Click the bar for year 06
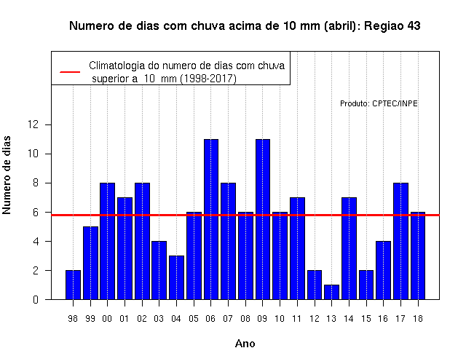pyautogui.click(x=211, y=219)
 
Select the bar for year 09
pyautogui.click(x=263, y=219)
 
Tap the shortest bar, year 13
pyautogui.click(x=332, y=292)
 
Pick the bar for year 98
pyautogui.click(x=73, y=285)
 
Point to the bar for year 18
pyautogui.click(x=418, y=256)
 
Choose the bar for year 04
pyautogui.click(x=176, y=277)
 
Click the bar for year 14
pyautogui.click(x=349, y=248)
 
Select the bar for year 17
pyautogui.click(x=400, y=241)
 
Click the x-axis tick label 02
pyautogui.click(x=142, y=319)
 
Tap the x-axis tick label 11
pyautogui.click(x=297, y=319)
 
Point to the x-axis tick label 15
pyautogui.click(x=366, y=319)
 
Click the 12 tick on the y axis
pyautogui.click(x=33, y=124)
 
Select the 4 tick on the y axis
pyautogui.click(x=36, y=241)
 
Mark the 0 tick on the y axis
pyautogui.click(x=36, y=299)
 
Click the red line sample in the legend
pyautogui.click(x=70, y=72)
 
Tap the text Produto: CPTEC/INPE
pyautogui.click(x=379, y=103)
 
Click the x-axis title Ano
pyautogui.click(x=245, y=344)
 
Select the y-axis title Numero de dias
pyautogui.click(x=7, y=175)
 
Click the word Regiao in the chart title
pyautogui.click(x=384, y=26)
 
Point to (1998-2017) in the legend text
pyautogui.click(x=208, y=79)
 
